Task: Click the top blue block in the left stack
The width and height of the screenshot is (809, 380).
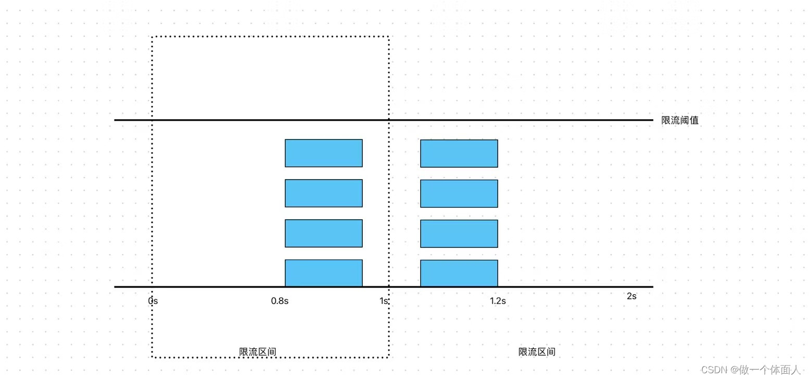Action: pos(323,153)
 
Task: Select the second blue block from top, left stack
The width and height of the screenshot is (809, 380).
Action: pos(323,193)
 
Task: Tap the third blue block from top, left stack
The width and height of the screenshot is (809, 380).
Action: pos(323,233)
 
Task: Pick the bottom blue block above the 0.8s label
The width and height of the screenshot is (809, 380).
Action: pos(323,273)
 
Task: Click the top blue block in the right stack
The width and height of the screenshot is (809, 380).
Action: pos(459,154)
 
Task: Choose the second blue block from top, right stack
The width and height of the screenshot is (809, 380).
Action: pos(459,194)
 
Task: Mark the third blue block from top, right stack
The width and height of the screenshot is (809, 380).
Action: pos(459,234)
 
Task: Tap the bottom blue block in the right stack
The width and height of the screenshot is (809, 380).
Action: pos(459,273)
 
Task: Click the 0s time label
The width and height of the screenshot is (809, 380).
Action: pos(153,301)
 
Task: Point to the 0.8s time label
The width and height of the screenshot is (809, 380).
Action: pos(280,301)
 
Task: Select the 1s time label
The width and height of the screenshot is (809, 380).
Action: pos(384,301)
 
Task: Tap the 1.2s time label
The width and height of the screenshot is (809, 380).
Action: pos(498,301)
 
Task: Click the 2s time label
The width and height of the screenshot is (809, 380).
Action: pos(631,296)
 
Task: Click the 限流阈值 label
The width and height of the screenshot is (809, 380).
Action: pos(680,120)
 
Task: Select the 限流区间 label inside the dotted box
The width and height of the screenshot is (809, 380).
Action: pos(258,352)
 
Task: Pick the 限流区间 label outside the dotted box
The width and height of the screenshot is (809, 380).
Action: pos(537,352)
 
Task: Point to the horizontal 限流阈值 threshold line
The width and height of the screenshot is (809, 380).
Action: pos(521,120)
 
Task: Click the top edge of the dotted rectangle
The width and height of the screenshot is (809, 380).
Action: pos(270,37)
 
